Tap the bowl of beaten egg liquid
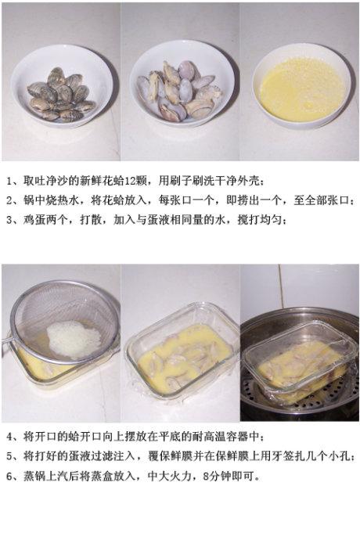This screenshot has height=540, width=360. click(x=301, y=86)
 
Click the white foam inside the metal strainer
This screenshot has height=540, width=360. click(x=74, y=339)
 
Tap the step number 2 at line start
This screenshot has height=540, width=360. click(x=10, y=200)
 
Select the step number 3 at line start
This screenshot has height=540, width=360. click(x=10, y=220)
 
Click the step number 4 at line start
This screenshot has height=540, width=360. click(x=10, y=437)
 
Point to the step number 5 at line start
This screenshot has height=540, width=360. click(x=10, y=456)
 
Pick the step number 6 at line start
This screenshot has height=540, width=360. click(x=10, y=477)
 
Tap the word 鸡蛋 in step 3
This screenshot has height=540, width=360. click(x=34, y=220)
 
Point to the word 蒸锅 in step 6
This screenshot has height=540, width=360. click(x=34, y=477)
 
